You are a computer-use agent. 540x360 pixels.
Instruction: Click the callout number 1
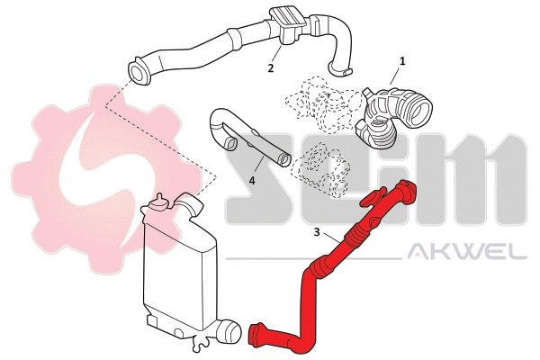coord(402,60)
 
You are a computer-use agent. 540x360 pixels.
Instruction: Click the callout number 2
coord(271,67)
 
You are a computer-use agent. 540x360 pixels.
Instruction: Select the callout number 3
coord(317,232)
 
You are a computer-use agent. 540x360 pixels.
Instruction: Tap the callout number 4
coord(252,180)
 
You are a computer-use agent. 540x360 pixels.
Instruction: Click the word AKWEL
coord(467,251)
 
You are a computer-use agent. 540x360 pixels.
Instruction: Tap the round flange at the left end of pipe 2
coord(140,71)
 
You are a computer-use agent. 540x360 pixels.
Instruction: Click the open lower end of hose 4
coord(284,161)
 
